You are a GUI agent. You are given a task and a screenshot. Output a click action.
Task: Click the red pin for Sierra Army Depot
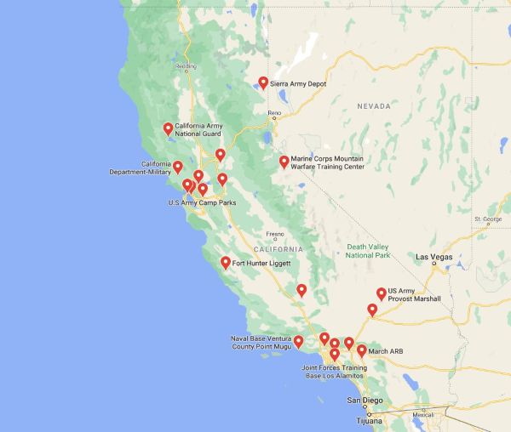(263, 82)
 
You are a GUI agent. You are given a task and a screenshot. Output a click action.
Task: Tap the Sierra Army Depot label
(298, 84)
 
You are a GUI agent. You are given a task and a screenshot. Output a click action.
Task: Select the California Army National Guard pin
(169, 128)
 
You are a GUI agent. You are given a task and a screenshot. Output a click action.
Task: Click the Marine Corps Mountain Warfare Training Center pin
(284, 161)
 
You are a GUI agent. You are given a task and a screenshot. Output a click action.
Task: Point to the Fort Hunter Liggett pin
(226, 262)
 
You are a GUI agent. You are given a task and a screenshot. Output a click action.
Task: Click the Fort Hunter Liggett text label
(262, 264)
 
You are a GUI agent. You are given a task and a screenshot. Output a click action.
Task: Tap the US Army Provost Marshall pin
(381, 293)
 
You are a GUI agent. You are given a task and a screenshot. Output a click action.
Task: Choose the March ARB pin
(362, 350)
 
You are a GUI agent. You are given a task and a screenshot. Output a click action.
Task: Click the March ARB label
(385, 350)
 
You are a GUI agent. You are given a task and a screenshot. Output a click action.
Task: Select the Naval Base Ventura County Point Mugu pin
(298, 341)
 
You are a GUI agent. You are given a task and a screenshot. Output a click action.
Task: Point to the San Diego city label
(365, 400)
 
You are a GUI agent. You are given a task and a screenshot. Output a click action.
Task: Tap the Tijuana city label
(370, 421)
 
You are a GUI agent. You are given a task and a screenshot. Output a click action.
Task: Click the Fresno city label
(274, 234)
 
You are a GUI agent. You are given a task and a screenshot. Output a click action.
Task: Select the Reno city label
(273, 113)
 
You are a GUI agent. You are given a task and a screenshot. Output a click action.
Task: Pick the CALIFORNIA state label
(278, 249)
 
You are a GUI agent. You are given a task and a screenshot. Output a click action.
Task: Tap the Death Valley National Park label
(368, 251)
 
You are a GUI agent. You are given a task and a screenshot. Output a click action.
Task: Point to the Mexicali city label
(423, 415)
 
